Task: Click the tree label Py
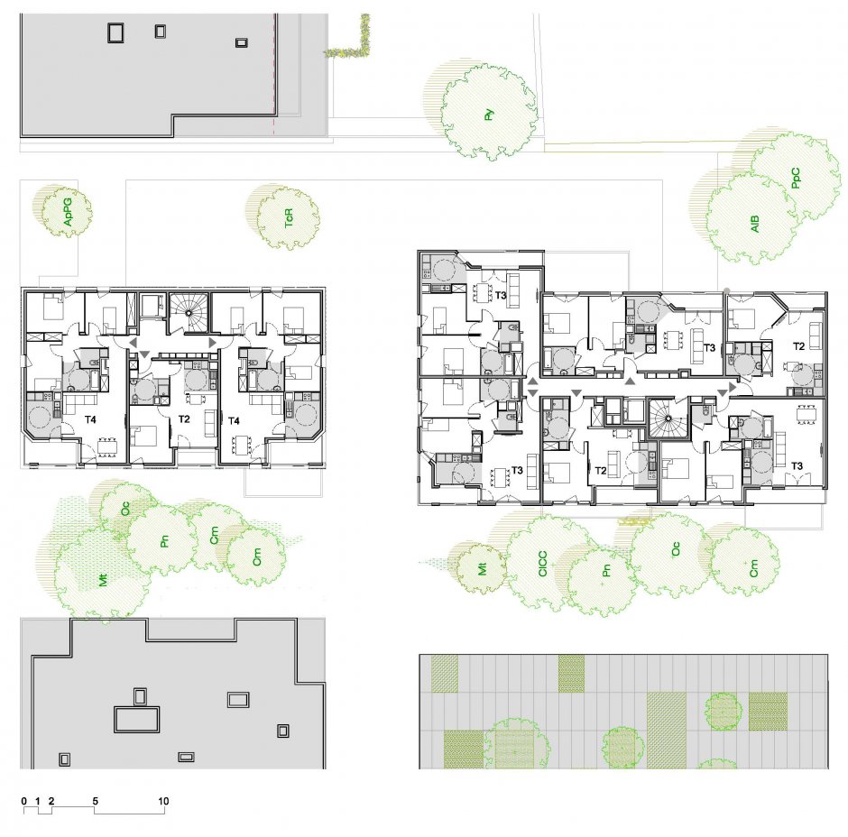[x=489, y=115]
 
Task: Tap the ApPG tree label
[x=68, y=212]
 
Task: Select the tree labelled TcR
[x=289, y=218]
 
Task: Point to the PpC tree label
[x=795, y=178]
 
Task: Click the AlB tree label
[x=755, y=224]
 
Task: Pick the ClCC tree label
[x=543, y=564]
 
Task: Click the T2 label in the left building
[x=184, y=419]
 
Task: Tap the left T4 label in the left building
[x=90, y=419]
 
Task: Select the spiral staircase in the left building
[x=189, y=313]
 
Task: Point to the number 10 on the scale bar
[x=163, y=801]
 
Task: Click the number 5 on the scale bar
[x=96, y=801]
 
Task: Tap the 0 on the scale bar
[x=24, y=801]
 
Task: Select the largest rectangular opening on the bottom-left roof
[x=137, y=720]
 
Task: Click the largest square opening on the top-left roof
[x=115, y=33]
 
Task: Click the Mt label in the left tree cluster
[x=103, y=581]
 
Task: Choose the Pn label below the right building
[x=605, y=570]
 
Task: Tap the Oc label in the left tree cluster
[x=125, y=509]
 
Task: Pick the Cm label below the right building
[x=754, y=568]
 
